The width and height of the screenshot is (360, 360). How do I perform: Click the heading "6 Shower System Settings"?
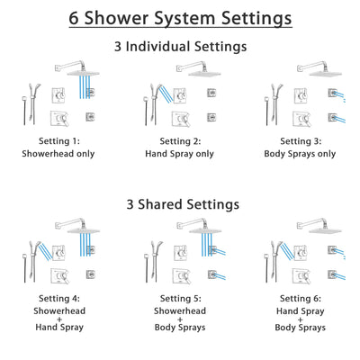tap(180, 17)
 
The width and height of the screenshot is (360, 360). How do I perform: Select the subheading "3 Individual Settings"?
tap(180, 46)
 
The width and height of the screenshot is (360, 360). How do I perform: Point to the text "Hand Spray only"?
tap(180, 154)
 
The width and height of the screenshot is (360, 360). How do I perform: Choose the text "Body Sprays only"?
tap(298, 154)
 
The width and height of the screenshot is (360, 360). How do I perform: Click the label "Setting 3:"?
tap(298, 141)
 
